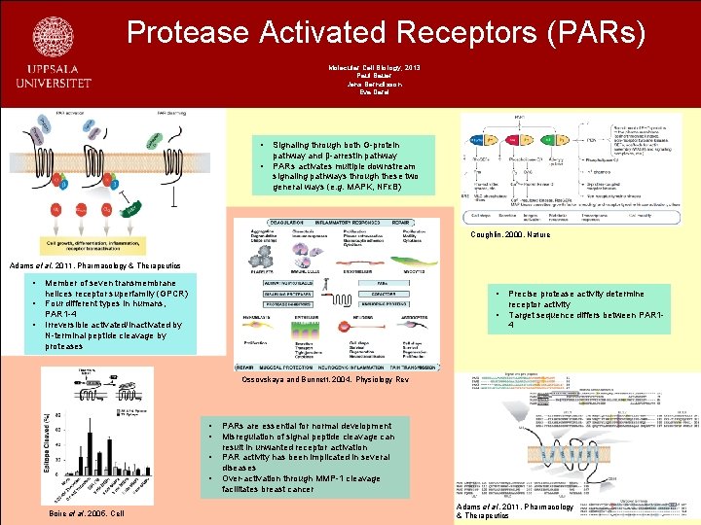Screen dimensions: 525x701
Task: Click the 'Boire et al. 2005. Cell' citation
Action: pos(87,512)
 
